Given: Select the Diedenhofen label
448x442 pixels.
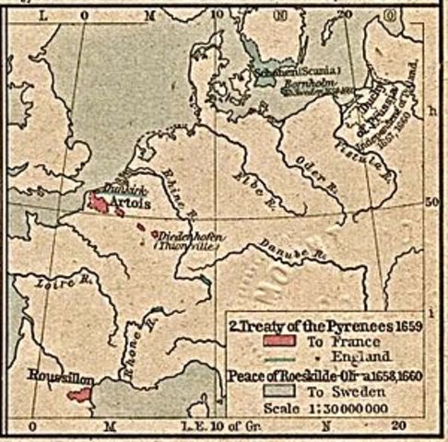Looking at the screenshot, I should (x=188, y=236).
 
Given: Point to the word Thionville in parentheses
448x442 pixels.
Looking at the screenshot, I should (x=189, y=247).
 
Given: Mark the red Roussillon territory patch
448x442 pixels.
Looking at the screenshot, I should (x=78, y=395).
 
